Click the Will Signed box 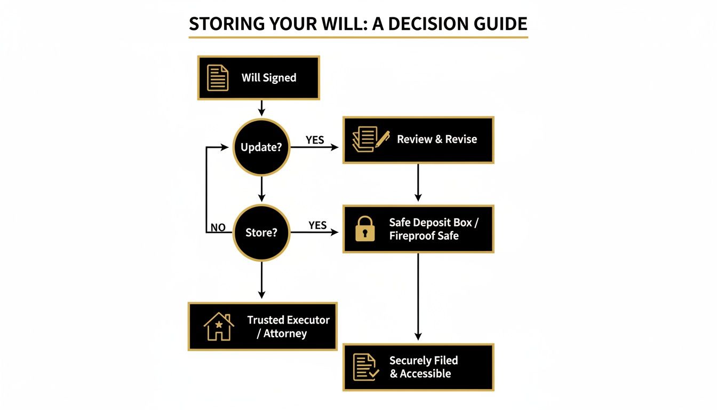click(259, 78)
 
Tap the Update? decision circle click(261, 147)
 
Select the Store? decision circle click(261, 232)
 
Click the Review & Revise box click(418, 140)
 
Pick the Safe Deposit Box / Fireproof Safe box click(418, 228)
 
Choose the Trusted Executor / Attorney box click(262, 327)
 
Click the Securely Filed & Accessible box click(418, 367)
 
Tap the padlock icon click(364, 228)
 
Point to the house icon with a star click(219, 327)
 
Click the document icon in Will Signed click(217, 78)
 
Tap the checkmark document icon click(366, 367)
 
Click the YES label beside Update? click(315, 140)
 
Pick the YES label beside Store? click(317, 225)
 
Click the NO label click(218, 228)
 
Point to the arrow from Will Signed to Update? click(261, 108)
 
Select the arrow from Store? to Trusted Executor click(261, 280)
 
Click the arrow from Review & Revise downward click(418, 183)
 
